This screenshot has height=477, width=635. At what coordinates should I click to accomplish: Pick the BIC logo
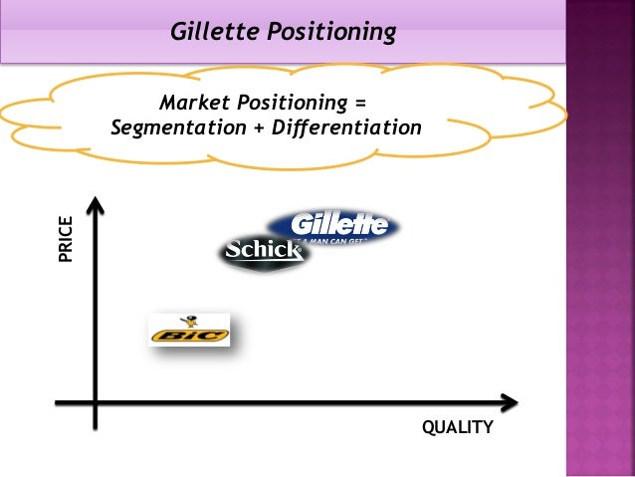tap(189, 331)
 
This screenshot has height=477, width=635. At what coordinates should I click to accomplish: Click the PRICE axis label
tap(66, 239)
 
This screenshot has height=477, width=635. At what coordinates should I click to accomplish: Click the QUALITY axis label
tap(458, 428)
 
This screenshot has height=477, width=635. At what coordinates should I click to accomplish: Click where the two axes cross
tap(96, 403)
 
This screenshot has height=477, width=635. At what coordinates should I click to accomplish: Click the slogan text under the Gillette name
tap(336, 240)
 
